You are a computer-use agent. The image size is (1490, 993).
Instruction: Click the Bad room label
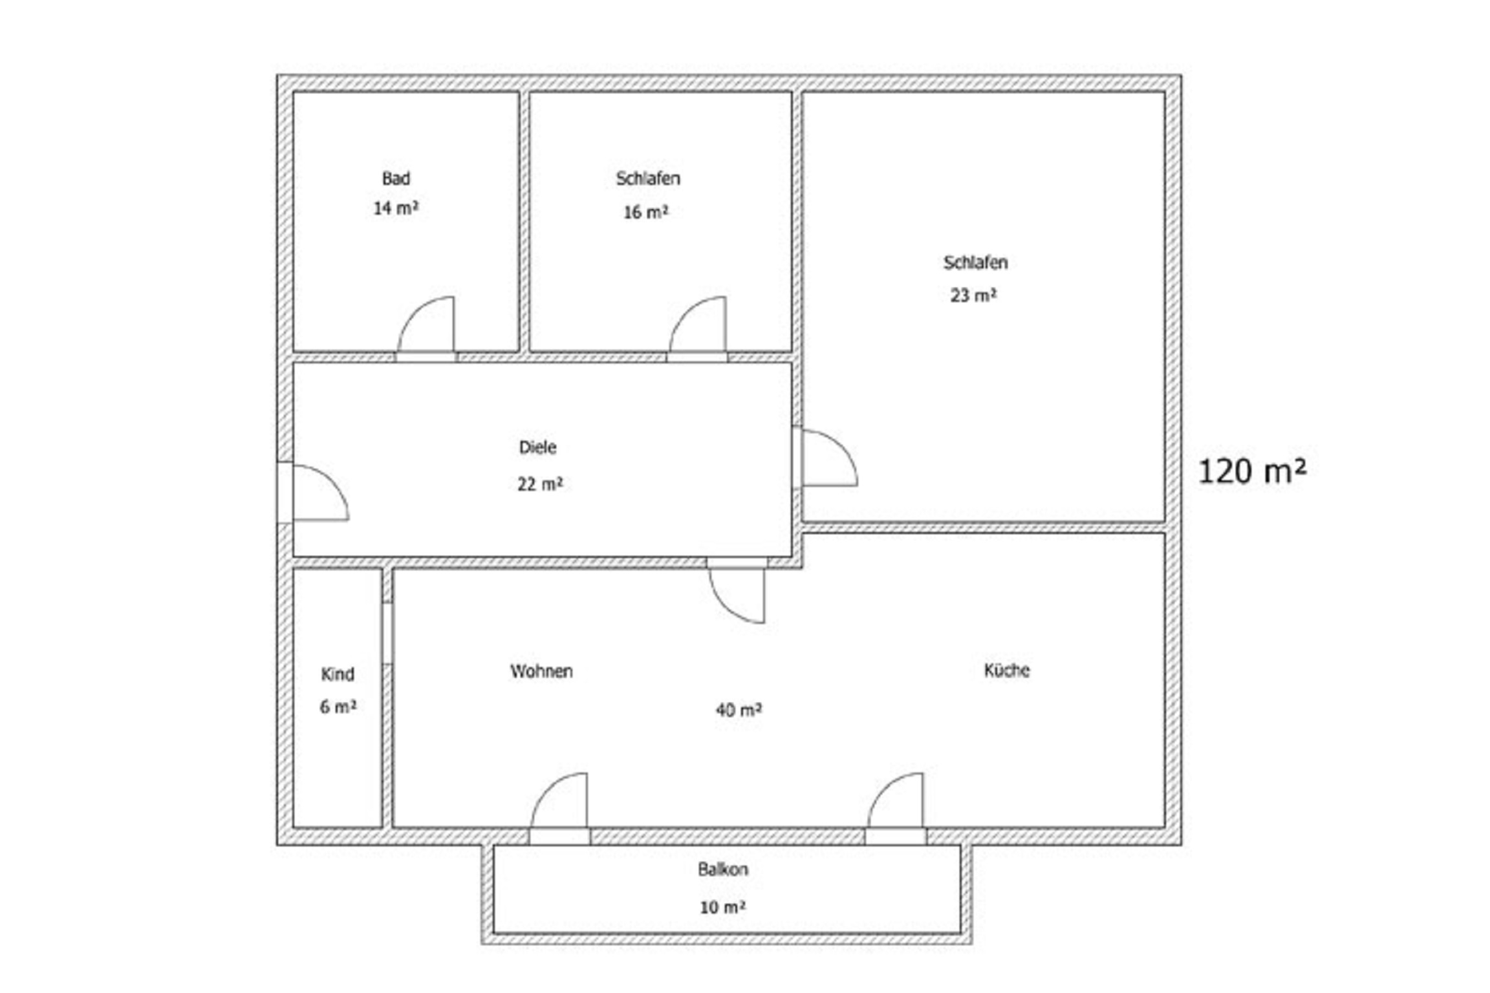[396, 178]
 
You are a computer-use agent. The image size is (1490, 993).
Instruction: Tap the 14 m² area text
[396, 208]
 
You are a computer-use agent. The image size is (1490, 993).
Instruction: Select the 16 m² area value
[645, 212]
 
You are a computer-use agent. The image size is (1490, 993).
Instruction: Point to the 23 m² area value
[973, 295]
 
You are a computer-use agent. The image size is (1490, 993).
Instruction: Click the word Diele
[537, 447]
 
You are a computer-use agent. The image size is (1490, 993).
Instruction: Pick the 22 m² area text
[540, 484]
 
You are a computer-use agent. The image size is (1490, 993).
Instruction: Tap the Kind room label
[338, 674]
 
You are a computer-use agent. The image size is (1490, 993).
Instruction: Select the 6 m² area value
[338, 707]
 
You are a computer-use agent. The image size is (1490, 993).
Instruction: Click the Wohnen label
[541, 672]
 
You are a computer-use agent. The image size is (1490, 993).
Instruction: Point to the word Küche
[1007, 670]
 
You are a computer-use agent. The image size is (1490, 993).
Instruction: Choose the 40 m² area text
[739, 710]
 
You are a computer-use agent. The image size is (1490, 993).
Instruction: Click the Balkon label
[723, 870]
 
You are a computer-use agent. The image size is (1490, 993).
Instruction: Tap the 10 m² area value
[723, 908]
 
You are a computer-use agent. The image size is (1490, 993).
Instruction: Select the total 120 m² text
[1253, 471]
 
